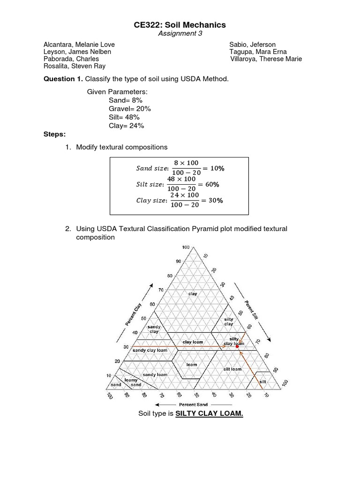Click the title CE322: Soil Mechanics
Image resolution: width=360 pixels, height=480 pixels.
[x=180, y=25]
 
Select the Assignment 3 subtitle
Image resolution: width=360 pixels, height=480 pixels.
[x=180, y=33]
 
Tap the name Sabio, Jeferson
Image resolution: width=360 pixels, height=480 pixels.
[x=252, y=45]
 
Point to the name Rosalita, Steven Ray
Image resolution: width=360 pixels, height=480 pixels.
[x=75, y=66]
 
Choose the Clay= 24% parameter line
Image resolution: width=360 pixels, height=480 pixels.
[x=126, y=126]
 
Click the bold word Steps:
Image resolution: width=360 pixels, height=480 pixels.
[x=55, y=134]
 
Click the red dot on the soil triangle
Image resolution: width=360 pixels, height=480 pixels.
[x=238, y=346]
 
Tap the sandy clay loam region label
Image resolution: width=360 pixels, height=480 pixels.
[x=150, y=350]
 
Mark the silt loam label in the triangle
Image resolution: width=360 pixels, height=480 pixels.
[x=232, y=369]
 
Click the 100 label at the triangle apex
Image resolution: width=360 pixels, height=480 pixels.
[x=186, y=247]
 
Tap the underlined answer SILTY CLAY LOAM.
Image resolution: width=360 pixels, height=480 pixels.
[x=209, y=413]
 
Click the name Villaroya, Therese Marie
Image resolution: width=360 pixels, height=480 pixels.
[x=266, y=59]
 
